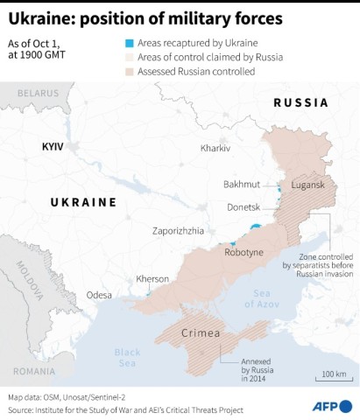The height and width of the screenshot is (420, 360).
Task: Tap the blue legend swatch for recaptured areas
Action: [x=130, y=41]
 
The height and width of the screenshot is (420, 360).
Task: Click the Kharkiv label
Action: [x=215, y=148]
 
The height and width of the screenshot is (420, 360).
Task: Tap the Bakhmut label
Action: [x=242, y=184]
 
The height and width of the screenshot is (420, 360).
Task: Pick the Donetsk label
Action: [x=244, y=207]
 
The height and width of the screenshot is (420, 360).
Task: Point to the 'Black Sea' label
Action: [x=127, y=357]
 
